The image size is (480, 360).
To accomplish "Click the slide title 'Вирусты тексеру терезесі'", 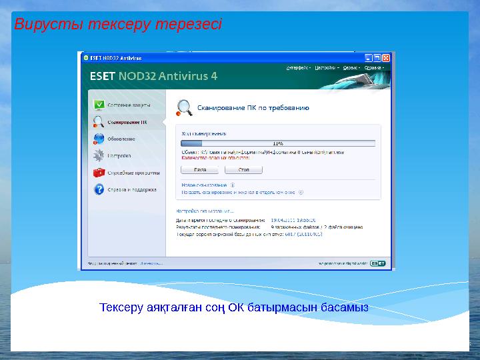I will tap(118, 25).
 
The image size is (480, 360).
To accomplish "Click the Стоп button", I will tap(244, 170).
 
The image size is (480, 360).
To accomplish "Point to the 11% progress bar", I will tap(278, 143).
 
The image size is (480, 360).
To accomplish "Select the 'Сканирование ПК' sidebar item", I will tap(127, 122).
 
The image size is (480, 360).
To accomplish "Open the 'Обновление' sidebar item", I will tap(121, 139).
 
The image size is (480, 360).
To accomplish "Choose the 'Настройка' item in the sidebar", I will tap(119, 155).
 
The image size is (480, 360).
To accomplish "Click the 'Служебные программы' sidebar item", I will tap(133, 172).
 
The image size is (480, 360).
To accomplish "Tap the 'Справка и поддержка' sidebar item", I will tap(132, 189).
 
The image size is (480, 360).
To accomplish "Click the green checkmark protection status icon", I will tap(99, 105).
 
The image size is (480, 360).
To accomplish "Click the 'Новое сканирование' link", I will tap(204, 185).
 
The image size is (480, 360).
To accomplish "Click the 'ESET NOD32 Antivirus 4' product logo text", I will tap(153, 75).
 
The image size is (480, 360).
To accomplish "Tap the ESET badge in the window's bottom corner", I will tap(378, 263).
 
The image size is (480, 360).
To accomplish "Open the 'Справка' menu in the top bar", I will tap(373, 67).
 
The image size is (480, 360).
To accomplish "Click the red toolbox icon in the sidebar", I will tap(99, 172).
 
